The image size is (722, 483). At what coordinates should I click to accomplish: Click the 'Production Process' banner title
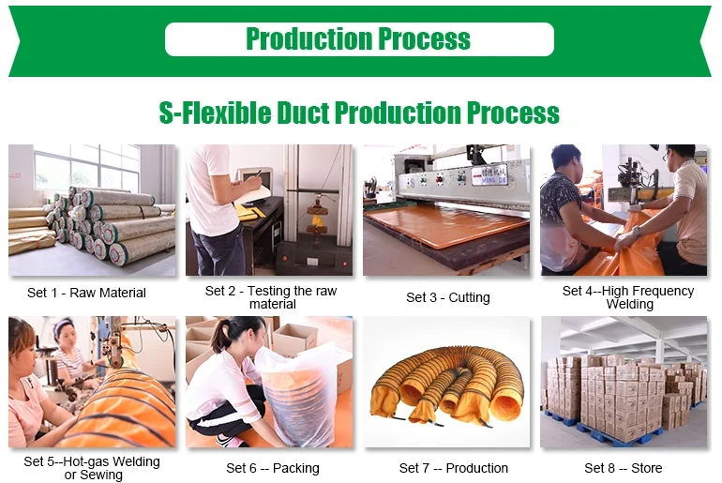358,38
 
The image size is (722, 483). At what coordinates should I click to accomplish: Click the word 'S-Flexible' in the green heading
215,113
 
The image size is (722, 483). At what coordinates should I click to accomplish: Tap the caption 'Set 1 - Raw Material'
86,293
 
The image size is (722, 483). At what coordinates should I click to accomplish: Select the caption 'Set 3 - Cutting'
448,297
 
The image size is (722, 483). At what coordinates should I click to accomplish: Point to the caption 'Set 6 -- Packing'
273,468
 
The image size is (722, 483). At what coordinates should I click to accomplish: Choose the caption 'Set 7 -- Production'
454,468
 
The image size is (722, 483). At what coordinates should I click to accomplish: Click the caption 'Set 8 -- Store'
624,468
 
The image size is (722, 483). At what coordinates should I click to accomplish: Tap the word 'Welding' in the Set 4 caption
630,305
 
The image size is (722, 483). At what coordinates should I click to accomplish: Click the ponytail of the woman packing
220,338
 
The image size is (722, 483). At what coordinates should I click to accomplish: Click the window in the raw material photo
86,169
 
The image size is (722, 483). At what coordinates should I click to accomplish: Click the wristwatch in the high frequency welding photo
638,232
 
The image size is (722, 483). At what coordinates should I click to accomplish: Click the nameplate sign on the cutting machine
489,175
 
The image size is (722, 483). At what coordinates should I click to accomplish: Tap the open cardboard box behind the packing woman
294,340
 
